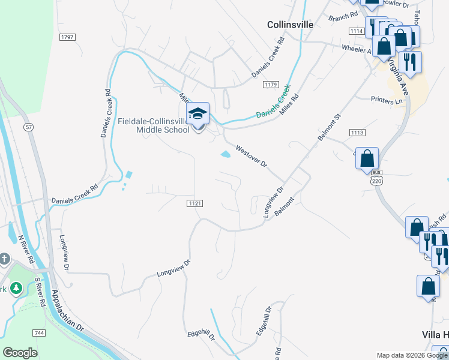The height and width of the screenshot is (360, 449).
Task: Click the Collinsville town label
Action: click(x=290, y=25)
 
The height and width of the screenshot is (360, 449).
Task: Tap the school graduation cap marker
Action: click(x=197, y=113)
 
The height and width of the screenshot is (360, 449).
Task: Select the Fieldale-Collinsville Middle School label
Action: click(x=153, y=125)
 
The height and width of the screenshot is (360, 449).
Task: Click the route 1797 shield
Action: click(x=67, y=37)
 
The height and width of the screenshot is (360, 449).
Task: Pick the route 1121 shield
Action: click(x=194, y=203)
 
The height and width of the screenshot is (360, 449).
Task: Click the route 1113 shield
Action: click(x=358, y=132)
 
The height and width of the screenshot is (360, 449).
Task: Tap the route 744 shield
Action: click(x=38, y=332)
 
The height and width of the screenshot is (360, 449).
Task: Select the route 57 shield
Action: click(x=28, y=127)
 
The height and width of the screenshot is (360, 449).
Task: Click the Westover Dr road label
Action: click(x=251, y=157)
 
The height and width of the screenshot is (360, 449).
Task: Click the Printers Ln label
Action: click(x=386, y=101)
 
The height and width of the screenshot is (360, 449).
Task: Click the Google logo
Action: click(x=20, y=353)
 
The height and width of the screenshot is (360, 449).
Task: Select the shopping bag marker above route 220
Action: click(x=367, y=159)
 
